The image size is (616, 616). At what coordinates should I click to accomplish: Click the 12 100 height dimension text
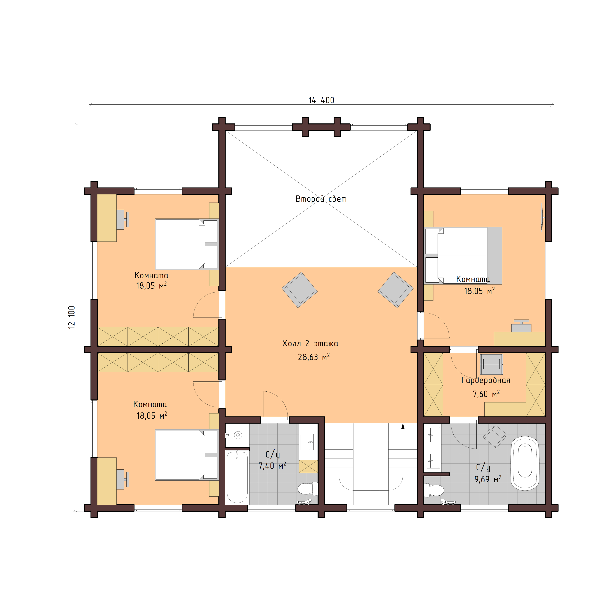72,317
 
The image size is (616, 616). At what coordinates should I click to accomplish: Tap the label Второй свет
321,199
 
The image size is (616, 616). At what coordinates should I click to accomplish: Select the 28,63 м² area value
313,357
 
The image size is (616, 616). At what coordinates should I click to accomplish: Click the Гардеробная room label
486,380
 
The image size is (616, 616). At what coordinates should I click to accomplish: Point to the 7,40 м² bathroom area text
272,466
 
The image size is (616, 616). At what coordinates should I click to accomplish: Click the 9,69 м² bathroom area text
488,479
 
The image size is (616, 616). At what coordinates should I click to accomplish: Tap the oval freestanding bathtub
525,463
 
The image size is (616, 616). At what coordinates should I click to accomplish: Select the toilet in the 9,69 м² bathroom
434,490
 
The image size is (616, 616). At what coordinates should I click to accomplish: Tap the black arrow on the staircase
403,426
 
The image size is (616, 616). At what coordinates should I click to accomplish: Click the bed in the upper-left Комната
186,244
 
